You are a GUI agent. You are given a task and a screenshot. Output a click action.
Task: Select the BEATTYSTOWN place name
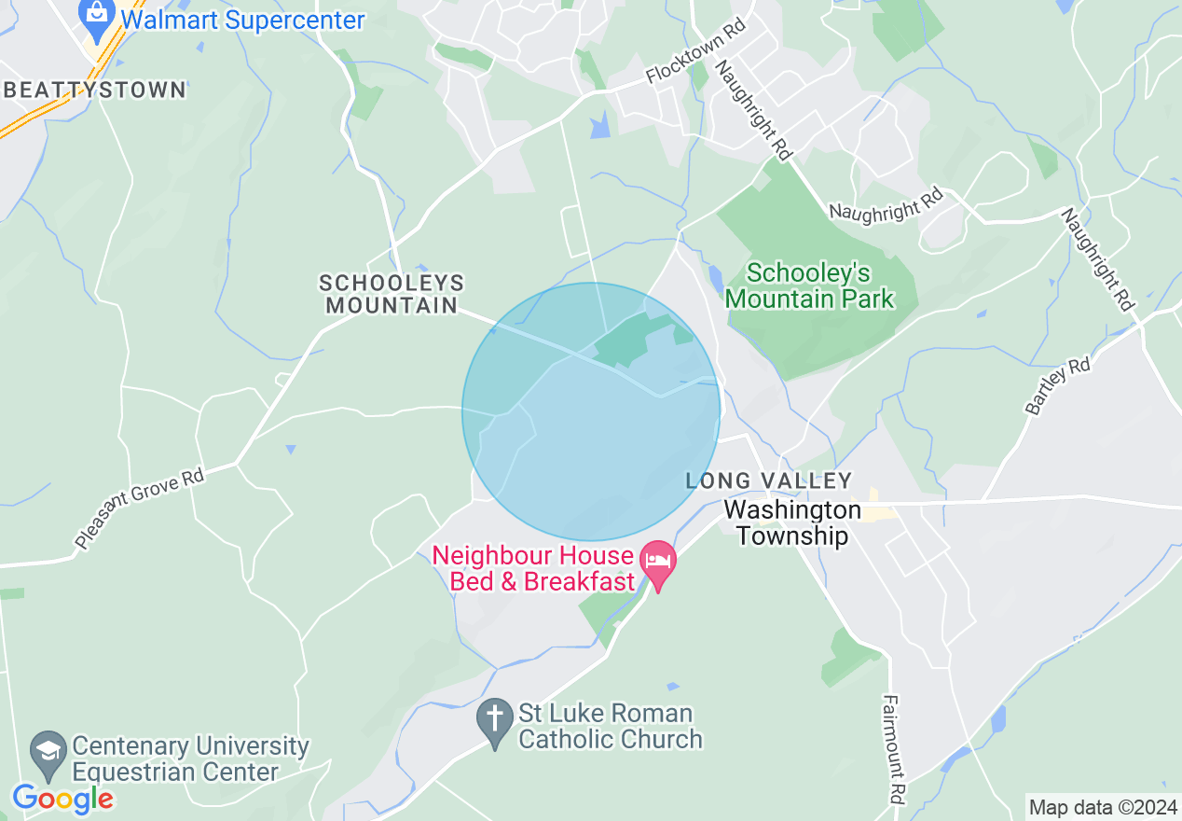(95, 90)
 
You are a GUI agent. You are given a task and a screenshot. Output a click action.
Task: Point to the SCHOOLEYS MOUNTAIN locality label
(391, 294)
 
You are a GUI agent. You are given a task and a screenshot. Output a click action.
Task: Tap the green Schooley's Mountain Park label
(809, 285)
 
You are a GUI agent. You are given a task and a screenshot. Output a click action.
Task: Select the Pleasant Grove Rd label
(139, 508)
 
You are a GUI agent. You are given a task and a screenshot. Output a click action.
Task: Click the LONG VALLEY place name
(769, 480)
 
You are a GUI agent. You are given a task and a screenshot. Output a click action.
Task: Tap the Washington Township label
(792, 523)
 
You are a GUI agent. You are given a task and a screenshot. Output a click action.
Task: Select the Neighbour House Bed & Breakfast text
(533, 569)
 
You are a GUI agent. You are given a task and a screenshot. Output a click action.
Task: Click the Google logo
(62, 799)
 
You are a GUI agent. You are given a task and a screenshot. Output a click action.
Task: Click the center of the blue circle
(591, 411)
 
